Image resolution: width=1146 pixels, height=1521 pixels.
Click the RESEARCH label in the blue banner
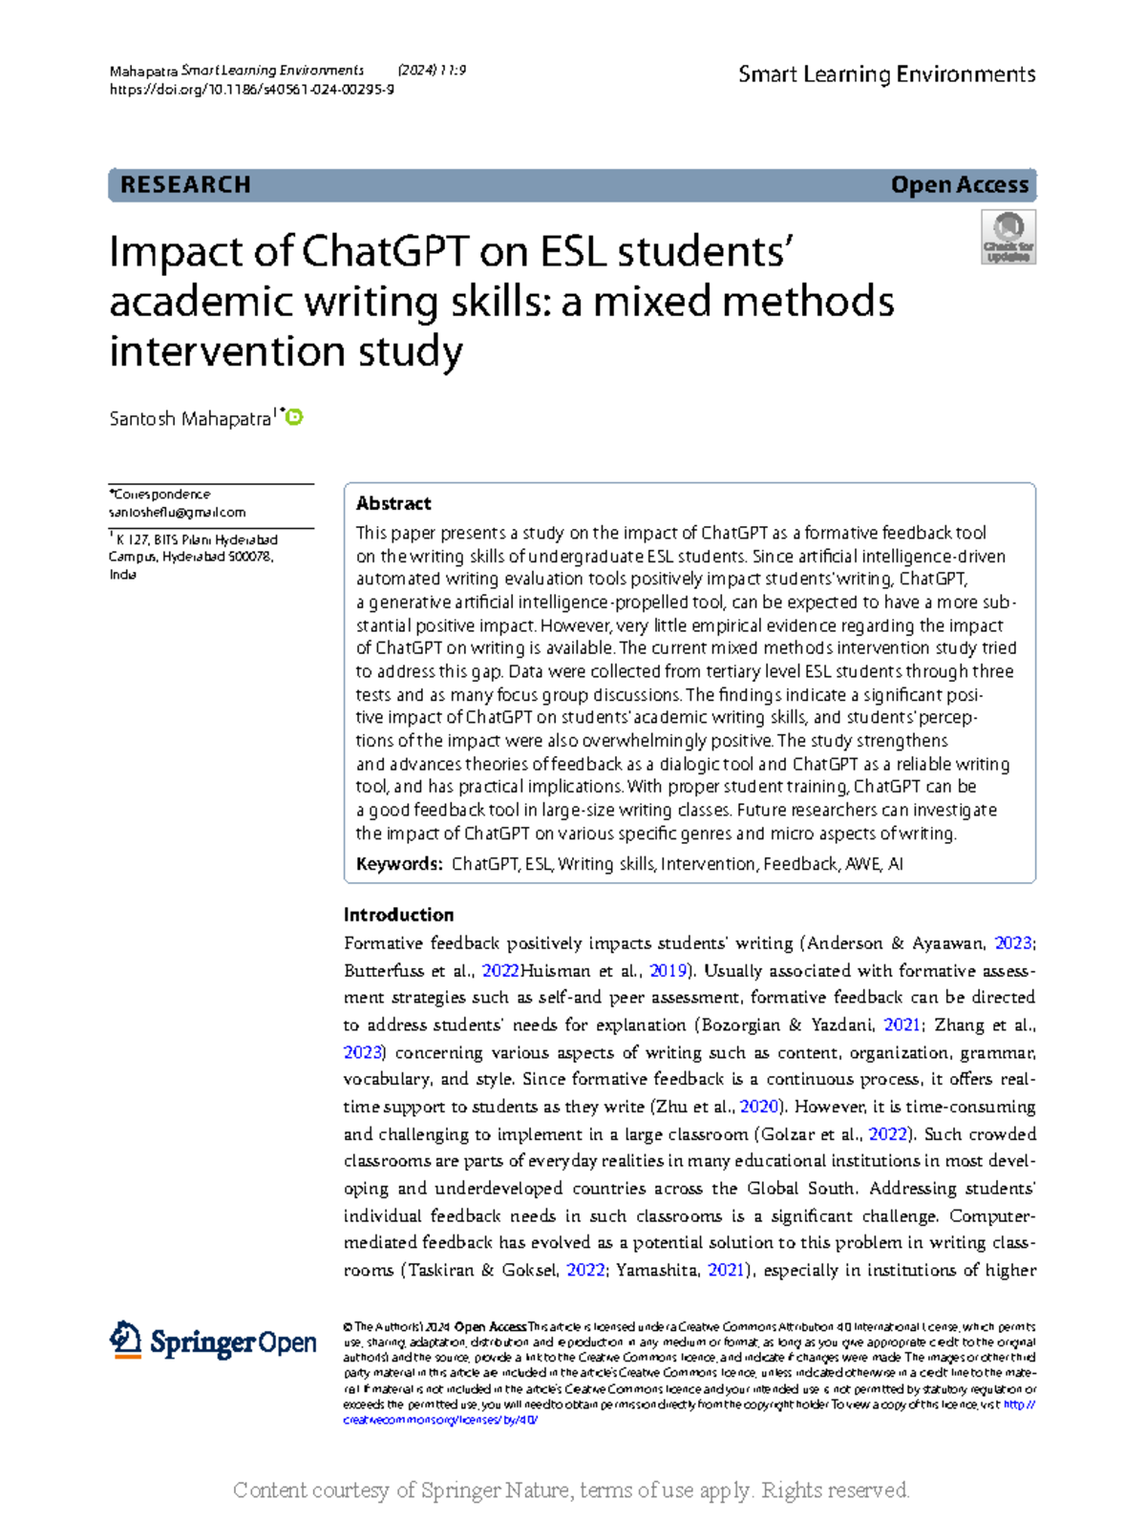click(x=185, y=185)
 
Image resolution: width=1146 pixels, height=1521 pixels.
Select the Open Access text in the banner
click(x=959, y=185)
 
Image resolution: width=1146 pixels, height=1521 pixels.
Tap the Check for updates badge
click(x=1008, y=238)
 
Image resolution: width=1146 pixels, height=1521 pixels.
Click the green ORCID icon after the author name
click(x=295, y=417)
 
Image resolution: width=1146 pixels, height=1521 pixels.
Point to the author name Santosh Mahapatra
click(x=190, y=419)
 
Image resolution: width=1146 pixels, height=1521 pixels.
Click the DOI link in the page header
click(x=252, y=90)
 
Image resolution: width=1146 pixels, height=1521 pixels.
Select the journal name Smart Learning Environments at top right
click(x=886, y=74)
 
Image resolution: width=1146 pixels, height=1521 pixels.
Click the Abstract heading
click(x=393, y=503)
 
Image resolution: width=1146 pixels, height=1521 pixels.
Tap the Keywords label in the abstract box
click(x=398, y=864)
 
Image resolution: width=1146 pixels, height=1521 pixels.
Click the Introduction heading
click(x=398, y=915)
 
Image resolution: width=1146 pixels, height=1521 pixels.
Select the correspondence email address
click(x=178, y=513)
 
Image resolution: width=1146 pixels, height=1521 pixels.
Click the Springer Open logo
click(x=213, y=1341)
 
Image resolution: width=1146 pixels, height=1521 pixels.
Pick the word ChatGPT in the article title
click(x=385, y=252)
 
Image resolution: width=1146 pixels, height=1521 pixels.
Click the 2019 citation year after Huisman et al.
click(x=668, y=971)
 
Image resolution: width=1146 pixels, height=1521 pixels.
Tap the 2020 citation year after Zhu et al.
click(x=759, y=1107)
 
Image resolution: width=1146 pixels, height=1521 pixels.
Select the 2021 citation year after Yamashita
click(x=725, y=1270)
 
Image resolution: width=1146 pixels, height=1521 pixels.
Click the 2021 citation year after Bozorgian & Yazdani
click(x=902, y=1025)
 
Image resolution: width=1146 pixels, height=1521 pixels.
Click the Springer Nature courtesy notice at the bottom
click(x=571, y=1490)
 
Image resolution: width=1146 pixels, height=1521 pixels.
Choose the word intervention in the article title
click(x=227, y=350)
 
